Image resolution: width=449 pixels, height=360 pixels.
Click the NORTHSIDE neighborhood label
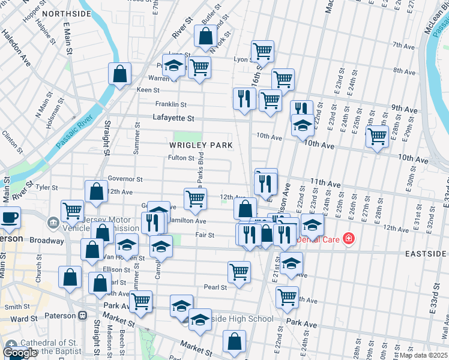(67, 13)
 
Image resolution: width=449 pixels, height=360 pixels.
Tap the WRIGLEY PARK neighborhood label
(200, 145)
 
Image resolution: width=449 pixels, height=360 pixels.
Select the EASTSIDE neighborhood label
(425, 254)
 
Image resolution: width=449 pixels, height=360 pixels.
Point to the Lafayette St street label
(173, 119)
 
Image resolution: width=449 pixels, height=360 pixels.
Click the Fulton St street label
(181, 158)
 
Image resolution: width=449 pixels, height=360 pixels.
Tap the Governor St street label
(125, 179)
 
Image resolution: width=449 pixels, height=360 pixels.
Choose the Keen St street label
(147, 89)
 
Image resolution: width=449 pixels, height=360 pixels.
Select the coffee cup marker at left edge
(9, 217)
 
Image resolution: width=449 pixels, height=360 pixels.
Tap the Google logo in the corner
(20, 353)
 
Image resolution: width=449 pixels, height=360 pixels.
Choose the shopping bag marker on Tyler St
(96, 191)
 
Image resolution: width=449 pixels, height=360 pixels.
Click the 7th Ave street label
(400, 45)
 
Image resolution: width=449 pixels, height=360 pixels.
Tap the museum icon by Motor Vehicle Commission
(53, 223)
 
